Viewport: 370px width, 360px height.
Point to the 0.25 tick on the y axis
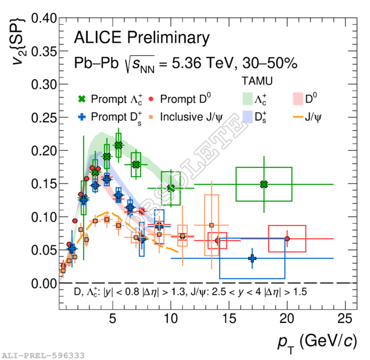tap(59, 117)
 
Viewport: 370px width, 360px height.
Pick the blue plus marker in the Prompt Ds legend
tap(82, 117)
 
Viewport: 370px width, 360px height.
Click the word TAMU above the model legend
tap(257, 80)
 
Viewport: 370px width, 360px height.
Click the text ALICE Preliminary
tap(142, 38)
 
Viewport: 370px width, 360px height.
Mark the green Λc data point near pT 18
tap(264, 184)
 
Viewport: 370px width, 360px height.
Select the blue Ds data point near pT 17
tap(252, 259)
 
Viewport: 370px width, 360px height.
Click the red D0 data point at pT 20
tap(287, 239)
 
